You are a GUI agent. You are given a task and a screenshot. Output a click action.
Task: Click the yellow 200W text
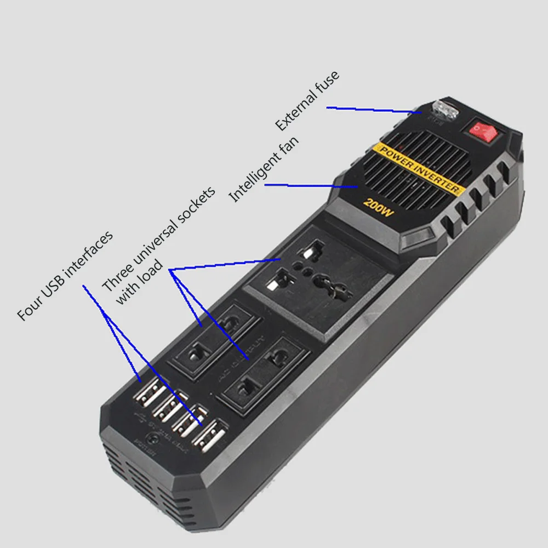379,209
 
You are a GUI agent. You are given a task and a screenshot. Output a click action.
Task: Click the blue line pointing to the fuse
373,110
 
